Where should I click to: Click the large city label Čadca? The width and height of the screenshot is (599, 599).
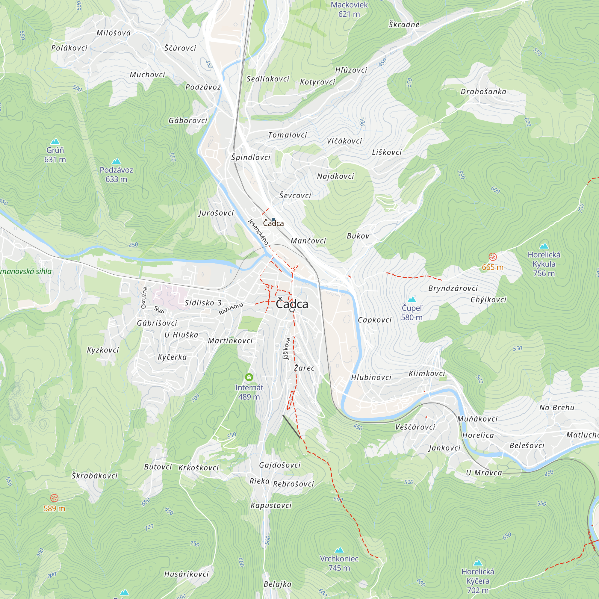coord(292,304)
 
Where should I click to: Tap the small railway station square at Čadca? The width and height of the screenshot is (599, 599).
coord(273,219)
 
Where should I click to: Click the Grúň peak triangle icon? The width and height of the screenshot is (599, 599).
coord(55,142)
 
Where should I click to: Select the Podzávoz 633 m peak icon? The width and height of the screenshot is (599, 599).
coord(116,161)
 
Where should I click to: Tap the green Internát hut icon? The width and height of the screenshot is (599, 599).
coord(249,377)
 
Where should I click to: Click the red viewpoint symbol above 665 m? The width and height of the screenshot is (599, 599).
coord(493,257)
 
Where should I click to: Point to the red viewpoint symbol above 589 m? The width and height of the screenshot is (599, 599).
coord(54,498)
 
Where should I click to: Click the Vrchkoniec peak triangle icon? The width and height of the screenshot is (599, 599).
coord(339,550)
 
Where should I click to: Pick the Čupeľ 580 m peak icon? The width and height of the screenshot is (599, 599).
coord(412,299)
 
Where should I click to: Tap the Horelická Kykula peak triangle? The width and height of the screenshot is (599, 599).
coord(544,246)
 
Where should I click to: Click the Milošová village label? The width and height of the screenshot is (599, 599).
coord(114,33)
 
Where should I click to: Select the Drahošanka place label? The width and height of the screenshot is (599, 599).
coord(483,92)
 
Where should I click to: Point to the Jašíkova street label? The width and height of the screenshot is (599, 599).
coord(287,349)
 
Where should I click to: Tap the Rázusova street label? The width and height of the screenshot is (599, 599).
coord(231,309)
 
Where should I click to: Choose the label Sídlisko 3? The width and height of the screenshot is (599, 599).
coord(203,303)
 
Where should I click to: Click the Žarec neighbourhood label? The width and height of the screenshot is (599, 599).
coord(304,368)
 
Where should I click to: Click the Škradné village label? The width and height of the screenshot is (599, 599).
coord(404,25)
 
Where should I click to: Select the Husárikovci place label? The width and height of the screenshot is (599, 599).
coord(186,574)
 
